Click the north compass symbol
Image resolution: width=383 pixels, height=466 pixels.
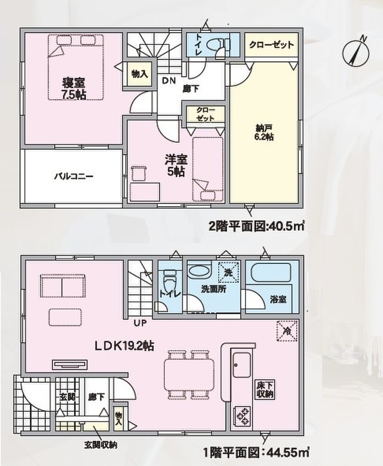(356, 52)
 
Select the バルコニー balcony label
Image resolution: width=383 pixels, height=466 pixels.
(74, 176)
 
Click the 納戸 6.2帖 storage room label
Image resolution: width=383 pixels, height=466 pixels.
(264, 133)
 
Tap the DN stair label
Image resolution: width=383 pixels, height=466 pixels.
(169, 80)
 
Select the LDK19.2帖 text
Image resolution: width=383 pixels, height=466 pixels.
(124, 345)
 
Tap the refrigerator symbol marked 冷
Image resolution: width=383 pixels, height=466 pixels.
(287, 331)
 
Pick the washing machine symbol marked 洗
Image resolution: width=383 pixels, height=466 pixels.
(228, 272)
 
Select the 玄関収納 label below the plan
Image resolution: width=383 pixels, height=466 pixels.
(100, 445)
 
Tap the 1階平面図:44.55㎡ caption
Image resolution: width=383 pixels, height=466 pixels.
(256, 453)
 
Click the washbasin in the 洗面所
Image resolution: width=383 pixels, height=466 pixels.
(199, 271)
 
